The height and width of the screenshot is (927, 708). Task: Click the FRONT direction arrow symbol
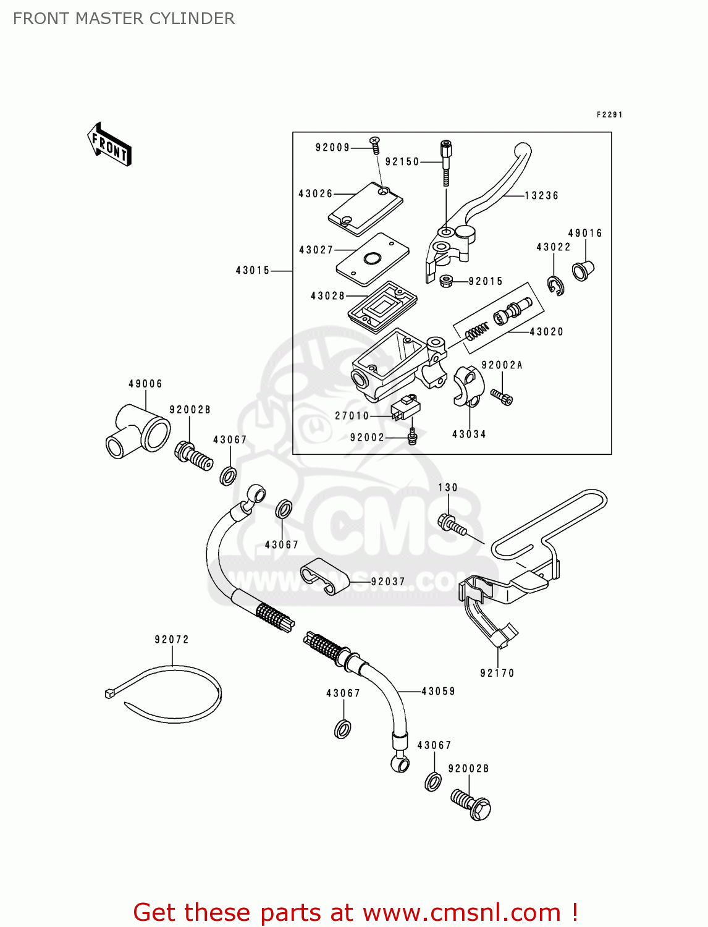click(109, 145)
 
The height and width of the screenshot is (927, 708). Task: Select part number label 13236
click(541, 196)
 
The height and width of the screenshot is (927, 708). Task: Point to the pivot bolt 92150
click(445, 162)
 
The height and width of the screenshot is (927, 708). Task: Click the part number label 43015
click(253, 271)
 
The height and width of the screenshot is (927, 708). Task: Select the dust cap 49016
click(582, 270)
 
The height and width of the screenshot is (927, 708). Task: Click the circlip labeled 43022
click(555, 286)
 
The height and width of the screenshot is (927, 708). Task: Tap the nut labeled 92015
click(446, 281)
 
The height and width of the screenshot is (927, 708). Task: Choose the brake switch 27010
click(405, 408)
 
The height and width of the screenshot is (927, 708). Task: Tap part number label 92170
click(497, 673)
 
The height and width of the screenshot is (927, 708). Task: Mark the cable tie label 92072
click(172, 640)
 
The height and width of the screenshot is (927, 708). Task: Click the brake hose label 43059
click(438, 692)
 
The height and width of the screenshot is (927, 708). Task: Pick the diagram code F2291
click(609, 115)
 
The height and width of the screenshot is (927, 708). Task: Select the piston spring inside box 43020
click(477, 332)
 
